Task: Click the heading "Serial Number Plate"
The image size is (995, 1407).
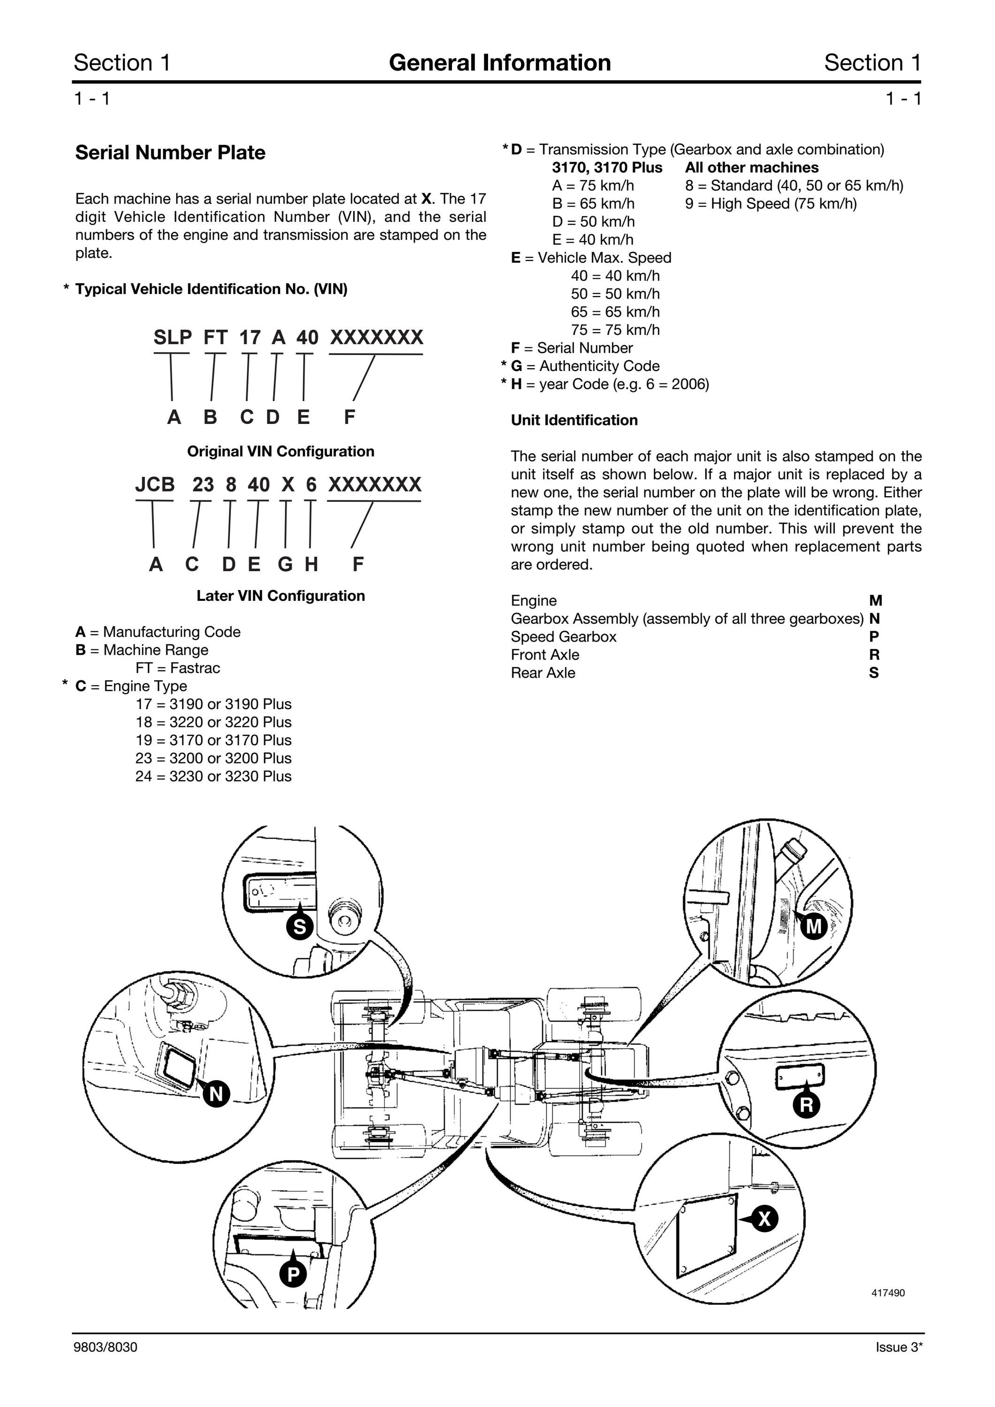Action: [x=170, y=152]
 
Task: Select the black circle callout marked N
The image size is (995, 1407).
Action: [x=216, y=1093]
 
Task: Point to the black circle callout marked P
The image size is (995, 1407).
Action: [x=293, y=1275]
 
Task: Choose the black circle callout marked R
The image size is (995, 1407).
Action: [x=806, y=1105]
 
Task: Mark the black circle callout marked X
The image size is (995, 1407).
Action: [x=765, y=1219]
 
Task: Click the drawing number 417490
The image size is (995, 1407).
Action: [x=888, y=1293]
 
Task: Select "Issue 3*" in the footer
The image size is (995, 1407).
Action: [x=899, y=1347]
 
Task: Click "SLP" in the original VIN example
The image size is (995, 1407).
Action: [x=172, y=338]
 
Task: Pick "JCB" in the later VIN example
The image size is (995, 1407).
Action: [x=154, y=485]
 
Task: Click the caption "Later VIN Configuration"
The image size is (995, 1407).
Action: [x=281, y=596]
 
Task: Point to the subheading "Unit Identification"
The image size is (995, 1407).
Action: [x=574, y=420]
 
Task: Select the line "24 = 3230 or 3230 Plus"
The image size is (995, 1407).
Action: [x=214, y=776]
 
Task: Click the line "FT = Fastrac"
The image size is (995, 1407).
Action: [x=178, y=668]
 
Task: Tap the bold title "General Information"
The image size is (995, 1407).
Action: [x=500, y=62]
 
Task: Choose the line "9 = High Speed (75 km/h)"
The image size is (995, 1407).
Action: [x=771, y=204]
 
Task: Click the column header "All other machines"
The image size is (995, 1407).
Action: [x=751, y=167]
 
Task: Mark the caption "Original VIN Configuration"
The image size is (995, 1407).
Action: [x=281, y=452]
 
